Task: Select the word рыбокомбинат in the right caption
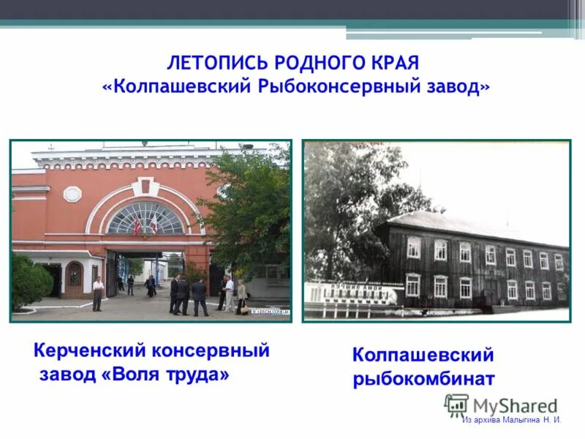424,380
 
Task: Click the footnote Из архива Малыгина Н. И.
511,420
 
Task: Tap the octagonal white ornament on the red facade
72,194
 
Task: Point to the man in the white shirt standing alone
97,293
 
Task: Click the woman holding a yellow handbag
241,296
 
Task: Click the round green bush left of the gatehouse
29,281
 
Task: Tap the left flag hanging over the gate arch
137,225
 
